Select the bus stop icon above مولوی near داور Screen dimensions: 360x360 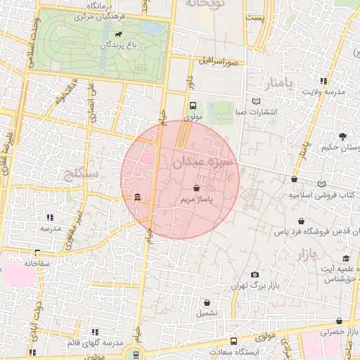pos(193,105)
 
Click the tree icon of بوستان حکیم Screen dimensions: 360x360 pos(342,136)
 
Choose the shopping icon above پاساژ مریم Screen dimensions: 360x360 pos(195,188)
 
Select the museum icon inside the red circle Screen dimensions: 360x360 pos(136,196)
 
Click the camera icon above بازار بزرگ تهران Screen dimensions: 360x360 pos(255,274)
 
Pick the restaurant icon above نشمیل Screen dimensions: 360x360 pos(207,300)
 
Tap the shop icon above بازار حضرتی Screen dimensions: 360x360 pos(340,321)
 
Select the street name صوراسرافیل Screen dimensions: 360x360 pos(220,61)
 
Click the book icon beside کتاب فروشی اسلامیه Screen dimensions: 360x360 pos(322,184)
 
